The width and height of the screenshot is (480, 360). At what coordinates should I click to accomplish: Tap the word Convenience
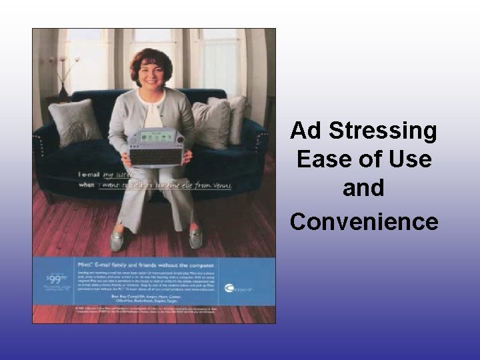(x=364, y=221)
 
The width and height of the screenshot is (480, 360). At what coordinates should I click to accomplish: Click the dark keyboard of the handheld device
(x=153, y=155)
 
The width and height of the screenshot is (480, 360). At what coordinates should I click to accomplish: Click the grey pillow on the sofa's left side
(x=75, y=121)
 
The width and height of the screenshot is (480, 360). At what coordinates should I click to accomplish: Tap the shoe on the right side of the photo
(x=196, y=239)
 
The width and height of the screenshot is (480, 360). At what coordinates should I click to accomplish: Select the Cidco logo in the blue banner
(x=236, y=288)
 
